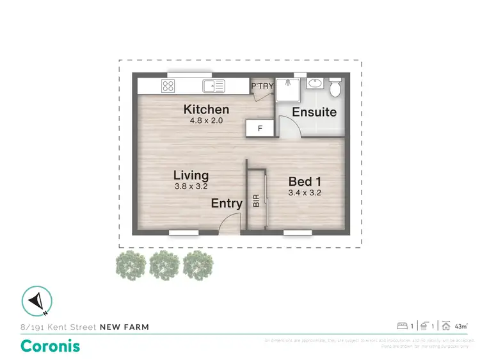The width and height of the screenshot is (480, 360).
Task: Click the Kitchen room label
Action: click(206, 109)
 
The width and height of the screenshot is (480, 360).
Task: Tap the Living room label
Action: click(191, 175)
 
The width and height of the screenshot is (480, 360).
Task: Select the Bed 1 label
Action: click(304, 180)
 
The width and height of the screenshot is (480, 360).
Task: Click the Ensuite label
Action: click(314, 112)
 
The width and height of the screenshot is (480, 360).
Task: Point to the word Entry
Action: click(227, 204)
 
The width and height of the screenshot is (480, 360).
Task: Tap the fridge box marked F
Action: click(260, 128)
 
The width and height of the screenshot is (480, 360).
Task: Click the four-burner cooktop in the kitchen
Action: click(169, 86)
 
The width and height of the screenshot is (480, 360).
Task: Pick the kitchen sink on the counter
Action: click(213, 86)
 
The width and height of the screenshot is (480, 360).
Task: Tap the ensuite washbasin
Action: click(315, 84)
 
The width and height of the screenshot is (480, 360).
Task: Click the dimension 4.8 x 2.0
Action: click(206, 120)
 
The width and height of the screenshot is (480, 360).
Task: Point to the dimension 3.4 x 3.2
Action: click(304, 192)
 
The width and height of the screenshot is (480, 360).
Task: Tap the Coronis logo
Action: click(51, 346)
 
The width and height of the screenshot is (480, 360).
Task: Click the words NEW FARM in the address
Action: click(125, 327)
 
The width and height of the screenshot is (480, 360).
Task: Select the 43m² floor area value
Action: click(461, 326)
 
